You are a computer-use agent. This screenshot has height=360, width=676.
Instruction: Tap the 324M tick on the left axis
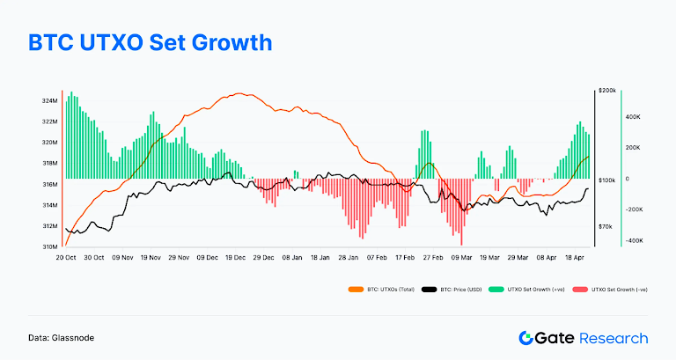(48, 100)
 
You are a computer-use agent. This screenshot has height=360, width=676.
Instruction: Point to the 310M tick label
(48, 247)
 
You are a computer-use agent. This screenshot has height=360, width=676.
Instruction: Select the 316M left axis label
(48, 185)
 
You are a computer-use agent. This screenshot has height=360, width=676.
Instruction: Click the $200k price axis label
(606, 91)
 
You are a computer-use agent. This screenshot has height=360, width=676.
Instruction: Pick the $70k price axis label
(606, 227)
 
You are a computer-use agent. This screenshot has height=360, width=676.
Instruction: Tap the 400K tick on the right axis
(632, 116)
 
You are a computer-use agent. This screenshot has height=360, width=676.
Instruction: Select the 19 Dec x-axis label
(235, 258)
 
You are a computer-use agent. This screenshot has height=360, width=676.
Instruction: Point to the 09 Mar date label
(461, 258)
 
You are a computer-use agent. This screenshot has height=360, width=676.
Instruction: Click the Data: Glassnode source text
(62, 337)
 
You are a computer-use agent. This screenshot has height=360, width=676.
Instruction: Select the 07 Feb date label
(377, 258)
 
